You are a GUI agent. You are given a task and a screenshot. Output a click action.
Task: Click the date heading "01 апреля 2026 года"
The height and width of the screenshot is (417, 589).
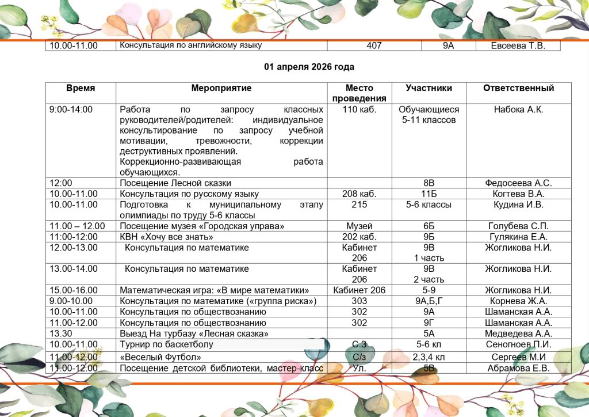[309, 67]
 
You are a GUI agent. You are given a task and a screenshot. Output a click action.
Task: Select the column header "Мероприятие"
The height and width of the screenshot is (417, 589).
[221, 88]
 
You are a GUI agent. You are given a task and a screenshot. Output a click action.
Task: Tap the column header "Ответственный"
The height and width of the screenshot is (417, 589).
[518, 88]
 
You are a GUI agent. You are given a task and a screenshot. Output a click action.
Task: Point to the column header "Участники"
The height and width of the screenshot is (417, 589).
[429, 88]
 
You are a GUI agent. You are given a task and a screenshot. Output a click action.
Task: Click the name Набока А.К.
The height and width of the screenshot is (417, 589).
[518, 109]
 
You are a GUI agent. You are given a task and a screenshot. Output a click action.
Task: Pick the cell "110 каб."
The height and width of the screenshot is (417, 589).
[359, 109]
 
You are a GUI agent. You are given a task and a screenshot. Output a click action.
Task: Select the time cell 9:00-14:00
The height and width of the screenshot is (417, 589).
[71, 109]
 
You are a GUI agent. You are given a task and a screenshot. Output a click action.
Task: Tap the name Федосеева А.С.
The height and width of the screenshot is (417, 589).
[518, 183]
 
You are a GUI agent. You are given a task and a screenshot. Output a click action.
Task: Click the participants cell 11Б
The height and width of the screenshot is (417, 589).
[429, 194]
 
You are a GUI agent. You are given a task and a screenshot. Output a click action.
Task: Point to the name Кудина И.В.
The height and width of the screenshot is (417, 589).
[518, 204]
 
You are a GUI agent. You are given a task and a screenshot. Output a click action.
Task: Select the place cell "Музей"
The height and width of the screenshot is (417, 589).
[359, 226]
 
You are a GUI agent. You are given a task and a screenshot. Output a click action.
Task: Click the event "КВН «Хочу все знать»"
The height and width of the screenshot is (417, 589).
[166, 237]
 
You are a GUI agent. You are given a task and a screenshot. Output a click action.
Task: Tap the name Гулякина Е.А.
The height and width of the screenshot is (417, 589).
[518, 237]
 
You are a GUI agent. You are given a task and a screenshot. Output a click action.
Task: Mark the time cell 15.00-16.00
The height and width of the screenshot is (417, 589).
[74, 290]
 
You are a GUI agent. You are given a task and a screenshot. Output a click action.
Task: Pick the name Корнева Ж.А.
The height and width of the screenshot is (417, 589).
[518, 301]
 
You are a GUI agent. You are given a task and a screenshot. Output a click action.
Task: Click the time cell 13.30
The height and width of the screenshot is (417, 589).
[60, 333]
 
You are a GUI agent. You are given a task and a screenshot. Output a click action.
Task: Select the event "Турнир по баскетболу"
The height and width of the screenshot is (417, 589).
[166, 344]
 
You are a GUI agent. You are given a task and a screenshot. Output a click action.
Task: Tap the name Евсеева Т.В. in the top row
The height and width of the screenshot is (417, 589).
[518, 46]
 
